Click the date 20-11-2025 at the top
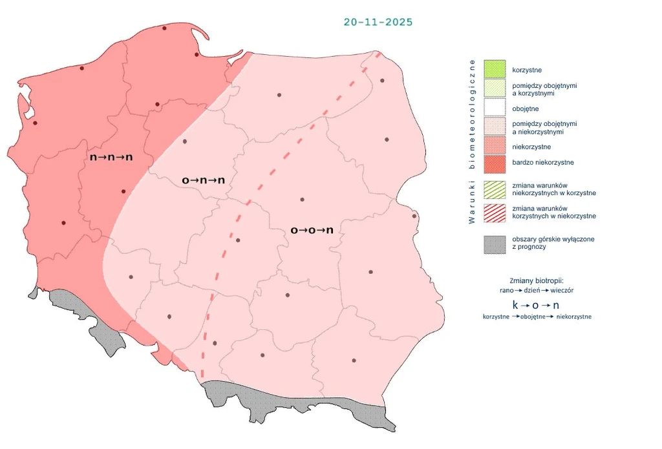378,22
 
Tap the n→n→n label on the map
111,157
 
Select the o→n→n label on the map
203,180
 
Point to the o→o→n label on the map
312,229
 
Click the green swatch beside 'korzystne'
495,68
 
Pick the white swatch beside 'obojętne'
495,108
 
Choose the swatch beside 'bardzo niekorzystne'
495,163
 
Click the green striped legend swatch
495,189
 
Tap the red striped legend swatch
495,212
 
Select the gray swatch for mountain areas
495,244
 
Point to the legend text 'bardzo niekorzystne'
543,163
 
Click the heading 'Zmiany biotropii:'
536,281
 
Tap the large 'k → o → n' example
536,304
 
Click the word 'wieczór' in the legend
561,291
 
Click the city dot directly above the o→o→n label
302,200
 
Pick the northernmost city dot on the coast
164,28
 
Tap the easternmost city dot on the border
414,216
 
